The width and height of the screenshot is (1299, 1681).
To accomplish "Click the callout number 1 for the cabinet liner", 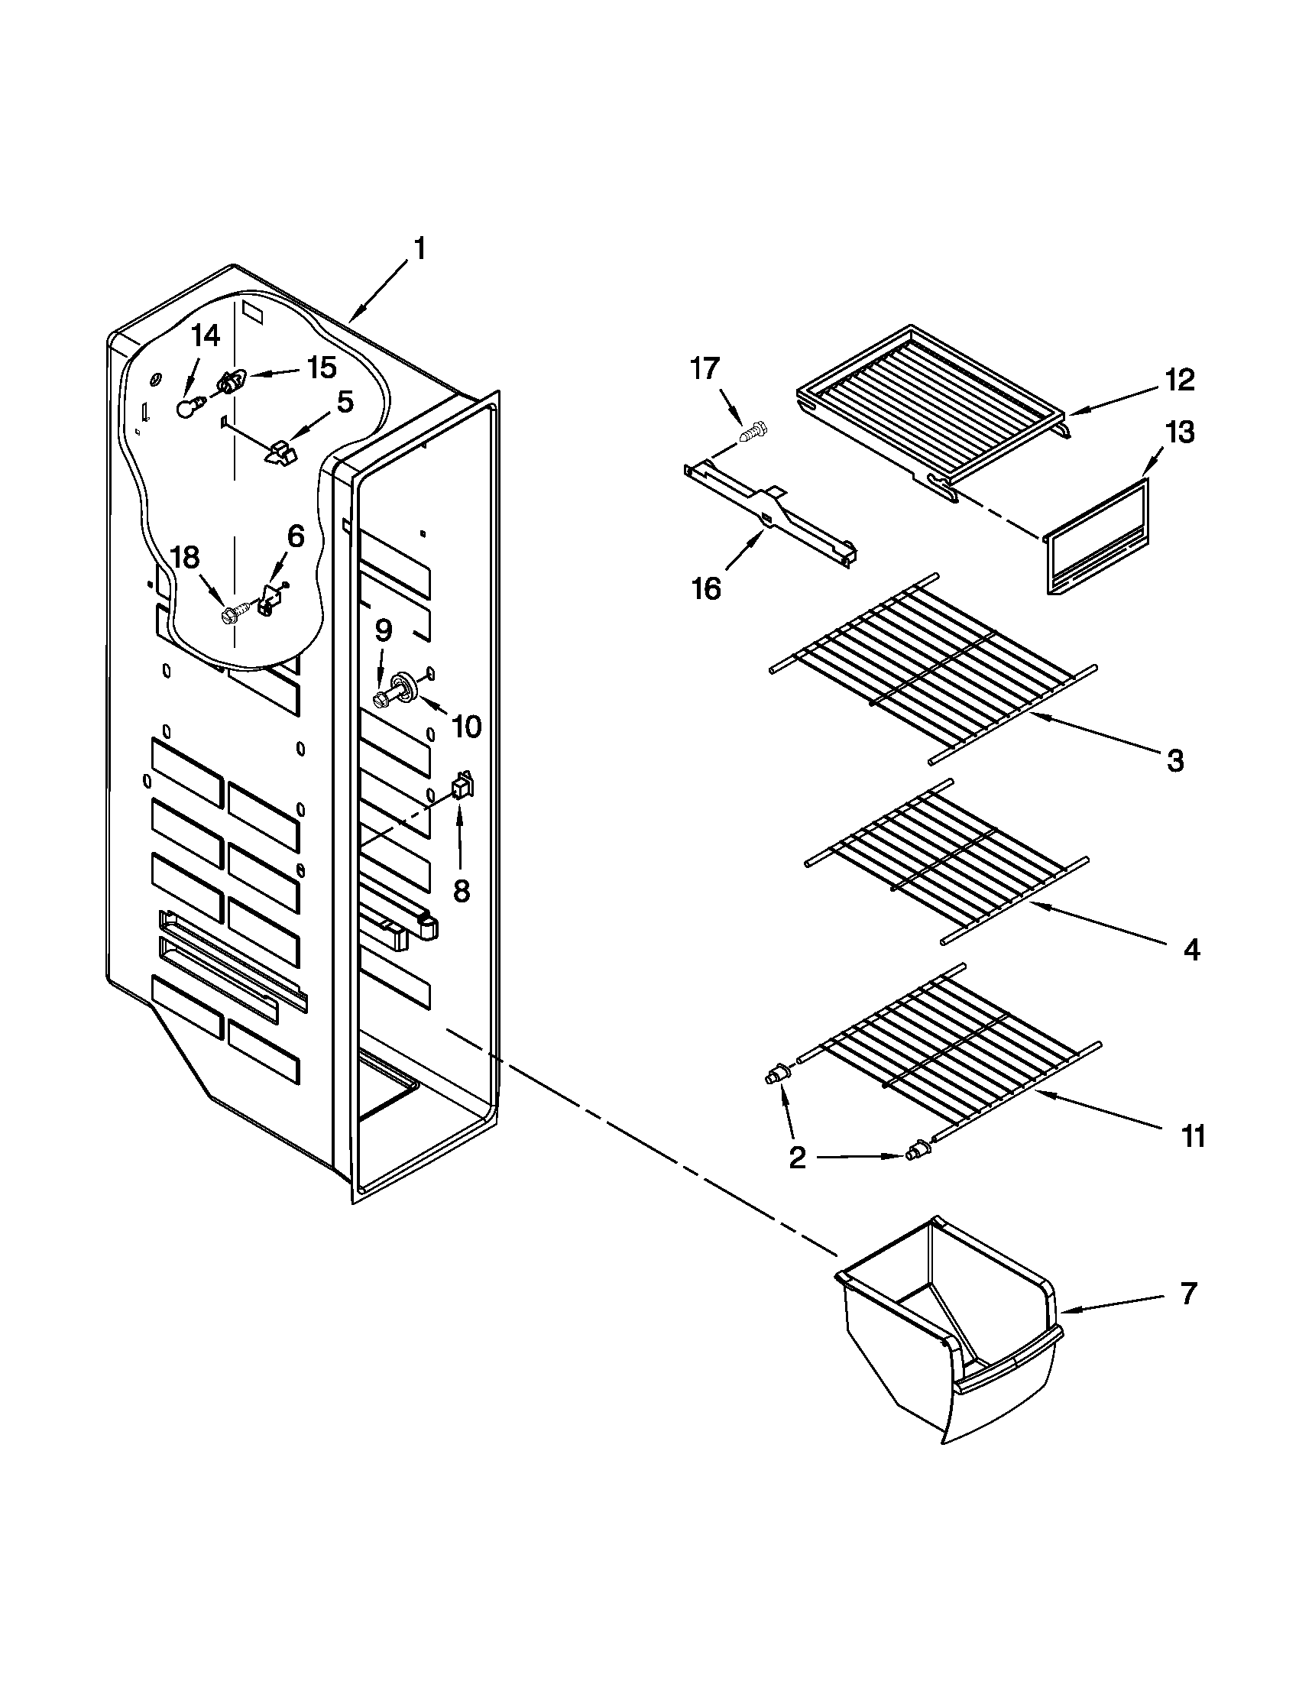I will [x=420, y=251].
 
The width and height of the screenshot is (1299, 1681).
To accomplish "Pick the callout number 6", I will [x=296, y=536].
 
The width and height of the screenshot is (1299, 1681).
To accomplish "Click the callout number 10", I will [x=466, y=726].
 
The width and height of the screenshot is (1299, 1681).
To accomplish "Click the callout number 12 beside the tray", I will [x=1179, y=380].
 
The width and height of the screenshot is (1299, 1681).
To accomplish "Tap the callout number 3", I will [x=1175, y=761].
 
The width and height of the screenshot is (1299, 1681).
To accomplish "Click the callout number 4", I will [x=1191, y=951].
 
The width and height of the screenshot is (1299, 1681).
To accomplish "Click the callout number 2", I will [x=797, y=1178].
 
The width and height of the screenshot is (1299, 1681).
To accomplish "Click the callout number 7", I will [x=1189, y=1294].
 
